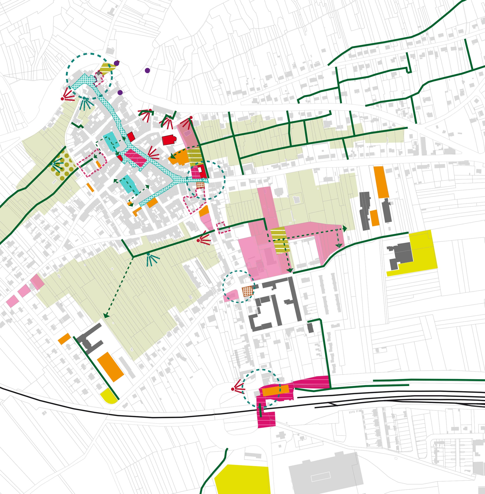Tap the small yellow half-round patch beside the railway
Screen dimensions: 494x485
pyautogui.click(x=109, y=395)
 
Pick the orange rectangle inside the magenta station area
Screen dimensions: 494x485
pyautogui.click(x=275, y=390)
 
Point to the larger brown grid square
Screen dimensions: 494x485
pyautogui.click(x=248, y=291)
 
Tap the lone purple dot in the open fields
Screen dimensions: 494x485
pyautogui.click(x=147, y=70)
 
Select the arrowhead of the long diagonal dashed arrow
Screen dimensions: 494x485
pyautogui.click(x=106, y=316)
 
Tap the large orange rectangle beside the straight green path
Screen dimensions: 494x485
pyautogui.click(x=110, y=367)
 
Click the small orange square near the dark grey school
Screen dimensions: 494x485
pyautogui.click(x=64, y=339)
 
